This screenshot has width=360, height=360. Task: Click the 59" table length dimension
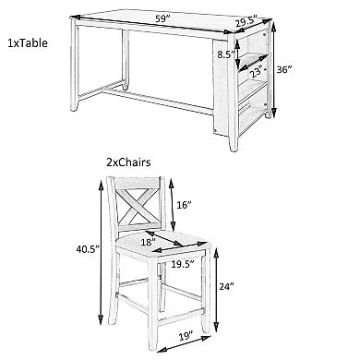163,19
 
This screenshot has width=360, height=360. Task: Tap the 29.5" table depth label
246,23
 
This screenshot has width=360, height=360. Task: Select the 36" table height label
283,69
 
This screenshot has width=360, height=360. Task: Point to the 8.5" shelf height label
226,54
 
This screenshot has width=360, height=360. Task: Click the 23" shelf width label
257,72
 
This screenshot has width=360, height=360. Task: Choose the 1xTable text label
28,43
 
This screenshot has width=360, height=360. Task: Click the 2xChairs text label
128,162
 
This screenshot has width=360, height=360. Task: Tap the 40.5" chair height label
88,249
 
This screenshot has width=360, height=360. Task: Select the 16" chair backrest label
185,205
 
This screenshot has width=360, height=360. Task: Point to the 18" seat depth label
148,243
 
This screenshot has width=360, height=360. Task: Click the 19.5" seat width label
183,264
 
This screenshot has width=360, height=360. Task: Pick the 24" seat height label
227,286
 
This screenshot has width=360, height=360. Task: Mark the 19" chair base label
186,335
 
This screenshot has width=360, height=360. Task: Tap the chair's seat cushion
162,245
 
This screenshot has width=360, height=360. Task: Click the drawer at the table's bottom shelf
254,110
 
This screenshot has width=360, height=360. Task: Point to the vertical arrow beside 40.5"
101,252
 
